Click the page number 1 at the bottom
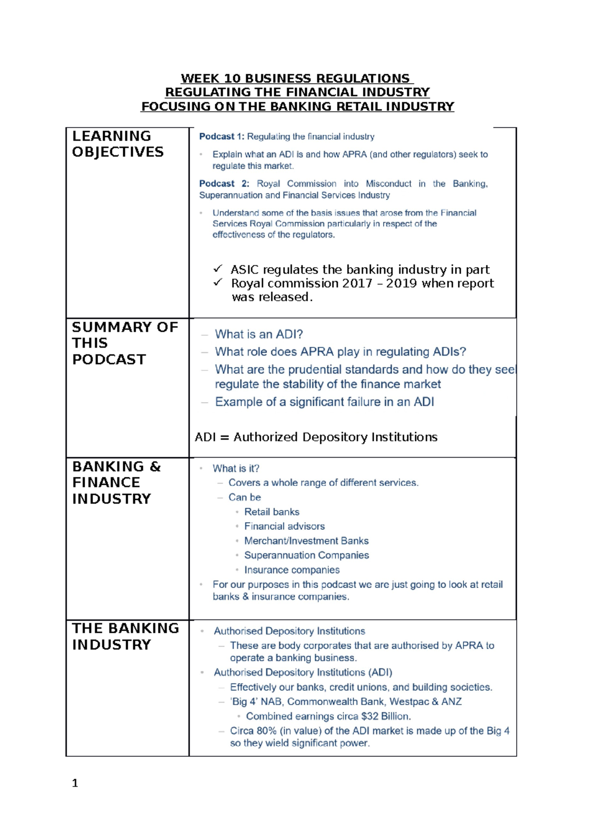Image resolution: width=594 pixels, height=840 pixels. click(x=75, y=783)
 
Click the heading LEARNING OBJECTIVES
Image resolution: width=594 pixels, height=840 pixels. click(x=117, y=144)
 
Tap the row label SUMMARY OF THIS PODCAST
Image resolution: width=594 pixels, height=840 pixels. click(x=124, y=343)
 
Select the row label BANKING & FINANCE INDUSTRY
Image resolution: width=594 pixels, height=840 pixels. click(x=116, y=482)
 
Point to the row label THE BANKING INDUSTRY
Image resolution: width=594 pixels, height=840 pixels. click(x=125, y=636)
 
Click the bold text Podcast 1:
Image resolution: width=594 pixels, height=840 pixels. click(x=221, y=137)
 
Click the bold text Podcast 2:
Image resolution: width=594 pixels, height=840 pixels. click(x=224, y=184)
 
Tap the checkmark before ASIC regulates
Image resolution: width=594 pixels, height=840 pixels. click(x=218, y=269)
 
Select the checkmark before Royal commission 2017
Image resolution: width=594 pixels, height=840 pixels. click(x=218, y=282)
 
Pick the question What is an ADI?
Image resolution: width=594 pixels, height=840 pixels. click(x=258, y=334)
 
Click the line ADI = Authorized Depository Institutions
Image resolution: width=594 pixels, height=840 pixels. click(x=316, y=437)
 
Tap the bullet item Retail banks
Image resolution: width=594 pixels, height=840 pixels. click(x=271, y=512)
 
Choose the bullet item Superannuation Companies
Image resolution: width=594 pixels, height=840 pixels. click(x=306, y=556)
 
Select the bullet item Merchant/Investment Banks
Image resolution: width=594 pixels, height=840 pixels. click(x=306, y=541)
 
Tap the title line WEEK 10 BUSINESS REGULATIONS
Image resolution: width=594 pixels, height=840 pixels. click(x=296, y=79)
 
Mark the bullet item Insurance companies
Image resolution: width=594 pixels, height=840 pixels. click(x=292, y=570)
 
